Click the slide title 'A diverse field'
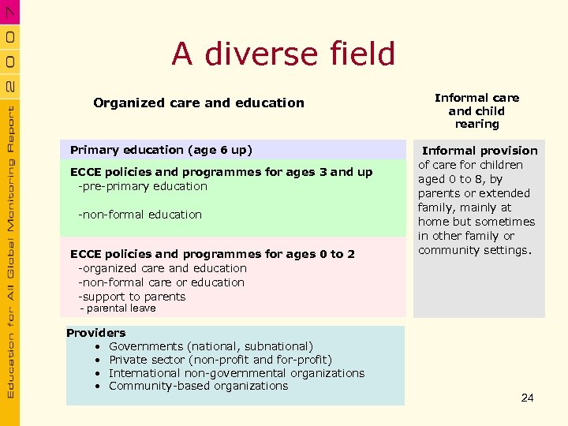283,54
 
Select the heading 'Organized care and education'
198,103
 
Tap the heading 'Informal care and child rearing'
476,110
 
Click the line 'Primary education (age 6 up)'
161,150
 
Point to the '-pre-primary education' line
142,186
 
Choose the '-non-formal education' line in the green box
140,215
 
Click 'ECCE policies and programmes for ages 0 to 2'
212,254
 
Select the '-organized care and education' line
162,268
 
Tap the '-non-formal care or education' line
161,282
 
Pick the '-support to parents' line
132,297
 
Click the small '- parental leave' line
118,308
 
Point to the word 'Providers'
95,333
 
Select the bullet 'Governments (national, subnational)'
211,346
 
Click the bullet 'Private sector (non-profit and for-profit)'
220,360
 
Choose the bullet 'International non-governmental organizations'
237,373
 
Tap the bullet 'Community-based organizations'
198,386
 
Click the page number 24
527,398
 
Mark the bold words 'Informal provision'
480,151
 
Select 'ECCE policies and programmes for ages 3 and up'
221,172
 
